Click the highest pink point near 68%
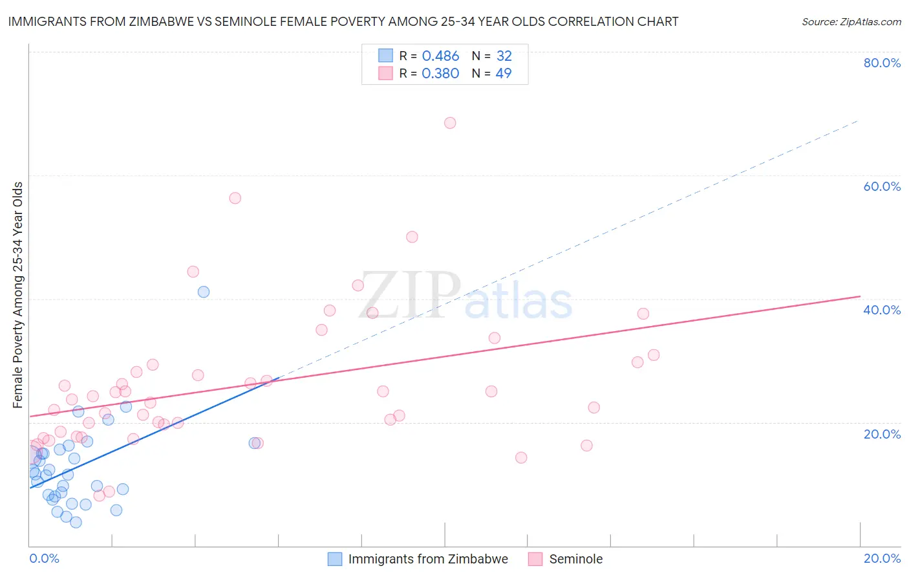(x=450, y=123)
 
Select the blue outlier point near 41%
(x=204, y=292)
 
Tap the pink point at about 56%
(x=235, y=198)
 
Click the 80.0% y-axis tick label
(x=882, y=63)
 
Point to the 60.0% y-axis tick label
(x=882, y=186)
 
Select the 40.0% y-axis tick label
(x=882, y=310)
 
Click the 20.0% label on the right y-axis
(x=882, y=434)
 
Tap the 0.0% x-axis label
(x=44, y=558)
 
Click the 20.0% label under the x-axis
(x=882, y=558)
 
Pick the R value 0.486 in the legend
(x=440, y=56)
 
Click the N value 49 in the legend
(x=503, y=74)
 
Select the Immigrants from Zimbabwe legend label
(x=428, y=559)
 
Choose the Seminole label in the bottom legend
(x=575, y=559)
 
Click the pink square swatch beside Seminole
(x=535, y=559)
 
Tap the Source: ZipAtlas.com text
(x=851, y=22)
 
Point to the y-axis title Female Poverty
(x=18, y=295)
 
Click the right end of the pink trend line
(x=860, y=296)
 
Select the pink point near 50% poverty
(x=412, y=237)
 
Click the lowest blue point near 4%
(x=76, y=522)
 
